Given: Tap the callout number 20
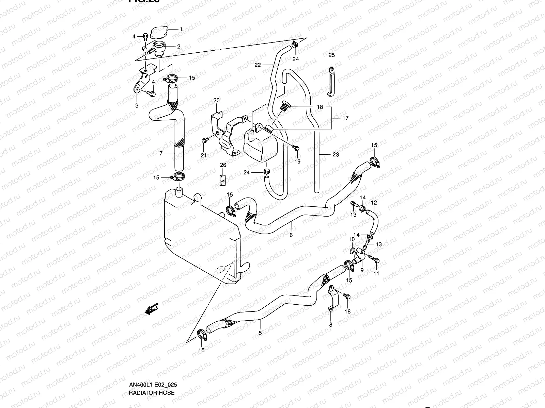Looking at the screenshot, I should [x=217, y=100].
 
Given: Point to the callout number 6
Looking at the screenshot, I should [x=291, y=235].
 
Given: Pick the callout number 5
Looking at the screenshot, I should [x=260, y=333].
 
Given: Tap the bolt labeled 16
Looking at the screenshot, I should [x=347, y=296].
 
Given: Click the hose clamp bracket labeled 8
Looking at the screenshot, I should [x=331, y=299].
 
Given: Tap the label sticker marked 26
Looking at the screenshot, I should [x=223, y=178].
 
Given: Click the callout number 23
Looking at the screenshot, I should [x=336, y=154].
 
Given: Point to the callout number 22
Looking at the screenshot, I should [x=258, y=65].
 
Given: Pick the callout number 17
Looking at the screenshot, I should [x=345, y=118].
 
